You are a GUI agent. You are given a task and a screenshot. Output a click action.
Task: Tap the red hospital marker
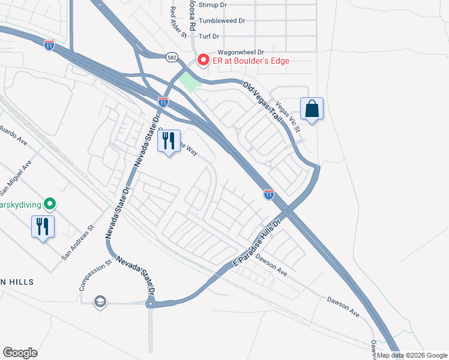coord(203,60)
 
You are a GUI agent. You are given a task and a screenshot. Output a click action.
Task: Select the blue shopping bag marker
coord(312,109)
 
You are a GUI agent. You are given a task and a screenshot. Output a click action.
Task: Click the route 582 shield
coord(172,56)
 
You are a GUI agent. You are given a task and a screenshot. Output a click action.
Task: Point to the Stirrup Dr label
coord(214,5)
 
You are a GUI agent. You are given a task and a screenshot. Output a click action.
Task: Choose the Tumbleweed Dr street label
coord(222,20)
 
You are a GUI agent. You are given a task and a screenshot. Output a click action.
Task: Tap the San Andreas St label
coord(78,242)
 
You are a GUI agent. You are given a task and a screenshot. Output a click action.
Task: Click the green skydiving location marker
coord(50,205)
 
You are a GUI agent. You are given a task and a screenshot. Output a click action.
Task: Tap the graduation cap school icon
coord(100,301)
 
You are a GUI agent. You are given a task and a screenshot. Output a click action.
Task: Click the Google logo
coord(20,353)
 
